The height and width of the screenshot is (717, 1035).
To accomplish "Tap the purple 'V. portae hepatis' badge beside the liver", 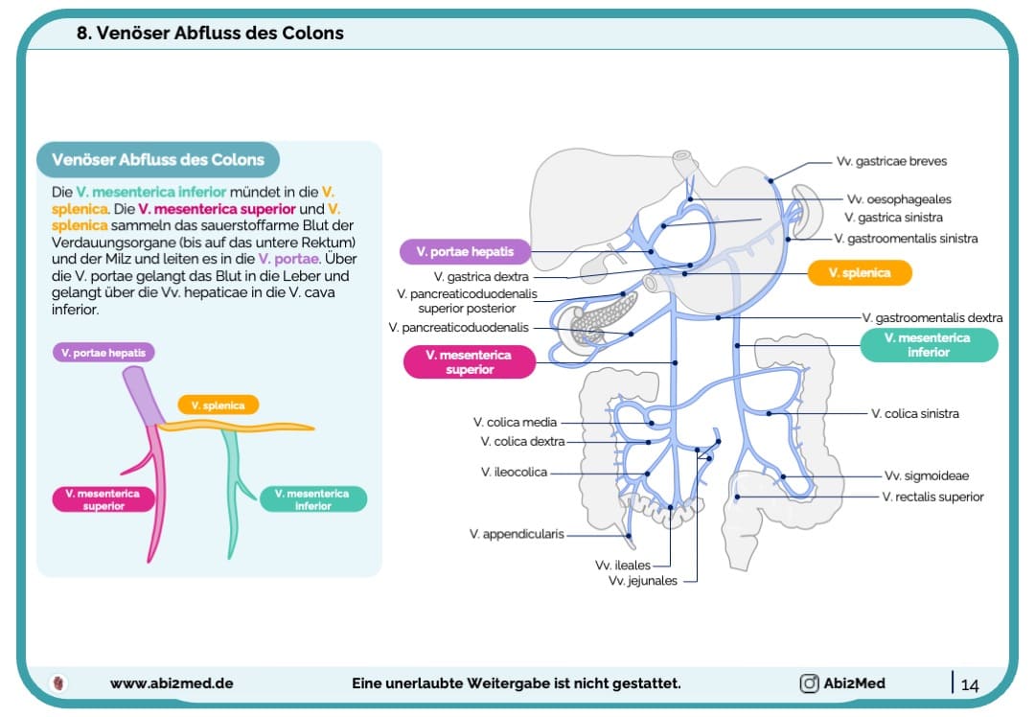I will pyautogui.click(x=464, y=252).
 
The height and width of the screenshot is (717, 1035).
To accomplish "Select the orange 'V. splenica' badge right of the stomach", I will pyautogui.click(x=859, y=273).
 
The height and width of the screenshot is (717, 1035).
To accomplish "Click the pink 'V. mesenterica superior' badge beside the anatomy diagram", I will pyautogui.click(x=469, y=362).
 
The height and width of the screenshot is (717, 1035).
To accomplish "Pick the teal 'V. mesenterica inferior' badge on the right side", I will pyautogui.click(x=928, y=345).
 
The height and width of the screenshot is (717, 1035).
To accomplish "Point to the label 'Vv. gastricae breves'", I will pyautogui.click(x=891, y=161).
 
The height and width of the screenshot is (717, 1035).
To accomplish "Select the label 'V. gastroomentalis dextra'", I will pyautogui.click(x=931, y=317).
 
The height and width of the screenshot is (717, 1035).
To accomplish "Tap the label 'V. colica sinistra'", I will pyautogui.click(x=914, y=414).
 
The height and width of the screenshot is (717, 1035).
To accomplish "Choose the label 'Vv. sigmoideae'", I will pyautogui.click(x=926, y=475).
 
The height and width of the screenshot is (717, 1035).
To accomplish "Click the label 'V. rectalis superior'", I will pyautogui.click(x=932, y=497).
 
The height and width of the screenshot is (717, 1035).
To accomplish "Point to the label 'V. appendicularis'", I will pyautogui.click(x=517, y=534).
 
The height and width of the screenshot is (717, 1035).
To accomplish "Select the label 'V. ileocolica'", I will pyautogui.click(x=514, y=472).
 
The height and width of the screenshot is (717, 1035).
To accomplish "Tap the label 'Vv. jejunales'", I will pyautogui.click(x=642, y=581).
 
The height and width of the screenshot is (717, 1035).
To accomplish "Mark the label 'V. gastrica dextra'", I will pyautogui.click(x=488, y=276).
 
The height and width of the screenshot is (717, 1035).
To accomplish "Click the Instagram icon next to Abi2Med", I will pyautogui.click(x=809, y=683).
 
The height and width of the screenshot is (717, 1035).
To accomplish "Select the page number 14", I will pyautogui.click(x=969, y=684).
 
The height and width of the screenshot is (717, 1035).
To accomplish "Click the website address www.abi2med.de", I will pyautogui.click(x=172, y=683).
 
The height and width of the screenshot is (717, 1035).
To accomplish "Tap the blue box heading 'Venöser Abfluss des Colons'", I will pyautogui.click(x=158, y=159).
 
